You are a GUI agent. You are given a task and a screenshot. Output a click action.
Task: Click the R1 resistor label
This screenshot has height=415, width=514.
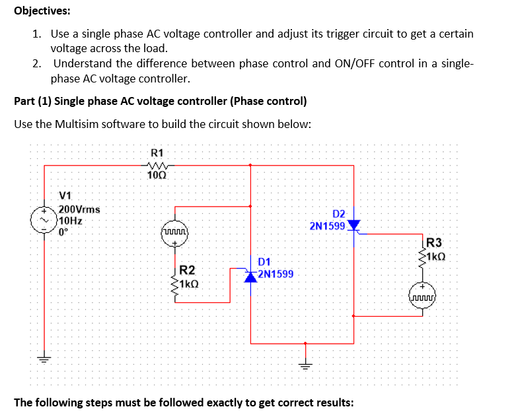157,152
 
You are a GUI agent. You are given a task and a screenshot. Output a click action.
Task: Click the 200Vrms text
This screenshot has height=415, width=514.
79,209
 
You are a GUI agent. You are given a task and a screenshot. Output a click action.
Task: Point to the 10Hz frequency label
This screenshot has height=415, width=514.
72,220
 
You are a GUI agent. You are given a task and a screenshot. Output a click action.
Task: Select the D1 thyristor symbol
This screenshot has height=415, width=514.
250,276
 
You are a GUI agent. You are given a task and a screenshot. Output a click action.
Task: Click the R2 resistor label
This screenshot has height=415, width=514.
187,270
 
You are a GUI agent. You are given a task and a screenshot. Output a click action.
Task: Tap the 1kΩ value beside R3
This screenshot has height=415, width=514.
436,256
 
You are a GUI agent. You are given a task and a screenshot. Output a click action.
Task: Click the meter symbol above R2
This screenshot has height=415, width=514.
175,232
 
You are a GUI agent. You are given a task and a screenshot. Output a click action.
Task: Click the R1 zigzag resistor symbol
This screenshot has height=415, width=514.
158,166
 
